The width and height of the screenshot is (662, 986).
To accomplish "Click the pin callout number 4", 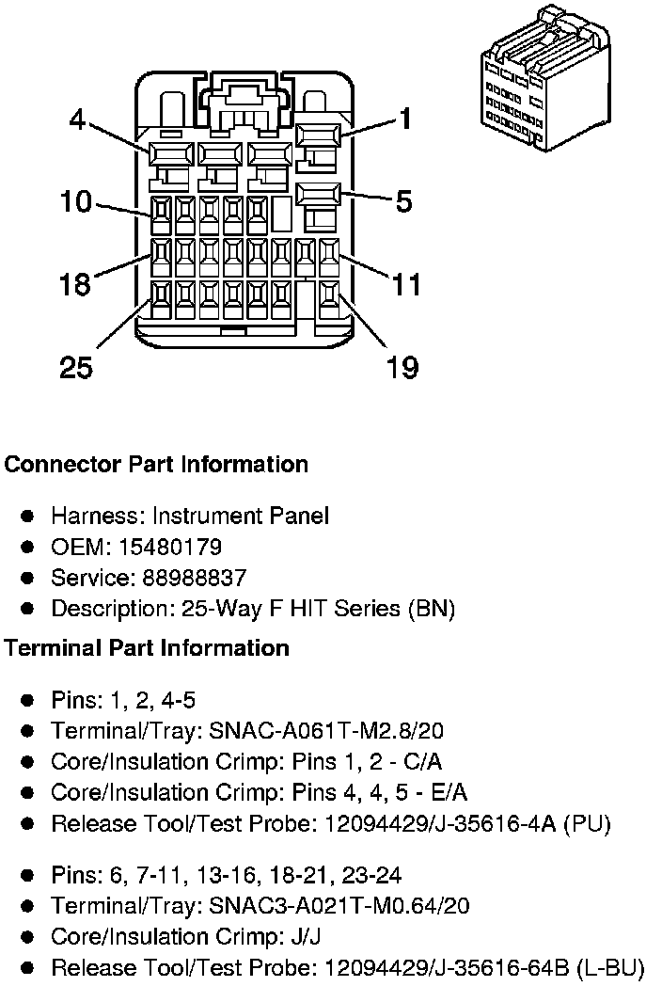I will (x=78, y=119).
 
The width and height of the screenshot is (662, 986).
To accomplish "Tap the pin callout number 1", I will (x=405, y=119).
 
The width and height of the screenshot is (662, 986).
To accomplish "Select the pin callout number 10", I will (x=76, y=201).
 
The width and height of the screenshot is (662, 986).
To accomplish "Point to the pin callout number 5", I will (x=403, y=201).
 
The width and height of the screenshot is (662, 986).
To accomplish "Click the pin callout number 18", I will (x=75, y=283).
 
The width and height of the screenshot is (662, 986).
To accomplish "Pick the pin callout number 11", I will (x=405, y=283).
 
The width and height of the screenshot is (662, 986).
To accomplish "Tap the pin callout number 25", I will (x=76, y=367).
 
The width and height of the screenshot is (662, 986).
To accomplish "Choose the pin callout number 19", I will (x=402, y=367).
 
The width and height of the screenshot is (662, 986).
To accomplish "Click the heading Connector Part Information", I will (x=156, y=465).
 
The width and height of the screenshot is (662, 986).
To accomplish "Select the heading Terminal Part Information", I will (x=147, y=648).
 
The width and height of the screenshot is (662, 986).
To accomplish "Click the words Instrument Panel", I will (x=241, y=516).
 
